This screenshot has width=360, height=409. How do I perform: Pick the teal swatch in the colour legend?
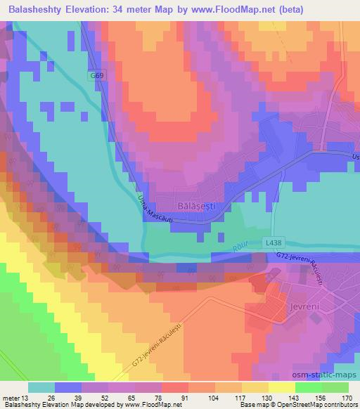click(42, 387)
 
